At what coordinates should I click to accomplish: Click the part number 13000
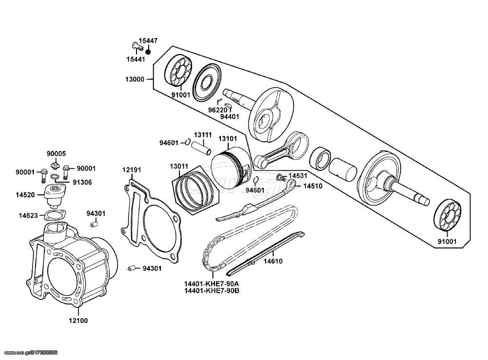tap(135, 79)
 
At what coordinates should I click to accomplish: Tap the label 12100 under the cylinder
tap(78, 321)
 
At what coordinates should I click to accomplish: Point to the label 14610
tap(273, 262)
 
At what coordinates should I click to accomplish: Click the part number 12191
tap(131, 170)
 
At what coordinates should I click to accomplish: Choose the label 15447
tap(148, 41)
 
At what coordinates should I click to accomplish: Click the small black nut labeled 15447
tap(148, 51)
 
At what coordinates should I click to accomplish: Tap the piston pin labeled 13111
tap(201, 148)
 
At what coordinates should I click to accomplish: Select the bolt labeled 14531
tap(281, 178)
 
